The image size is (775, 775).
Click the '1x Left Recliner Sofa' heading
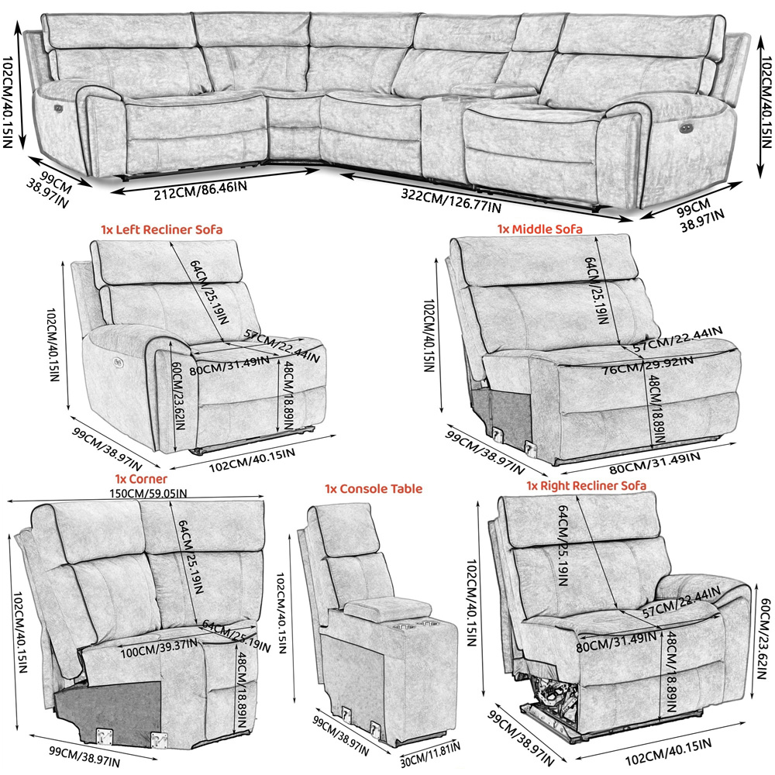point(161,229)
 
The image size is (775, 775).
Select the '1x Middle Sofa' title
point(539,229)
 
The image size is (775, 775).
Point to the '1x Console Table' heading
point(374,489)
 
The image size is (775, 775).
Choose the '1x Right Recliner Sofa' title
point(587,485)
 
